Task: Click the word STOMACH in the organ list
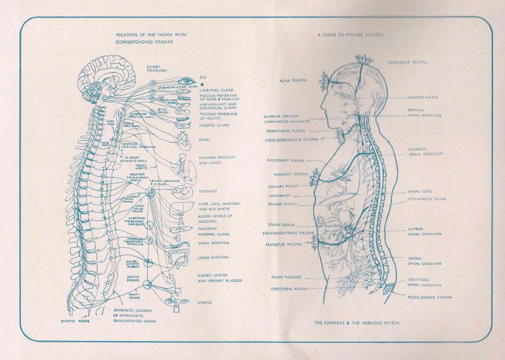[x=209, y=191]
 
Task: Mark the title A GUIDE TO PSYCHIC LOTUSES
[x=351, y=35]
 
